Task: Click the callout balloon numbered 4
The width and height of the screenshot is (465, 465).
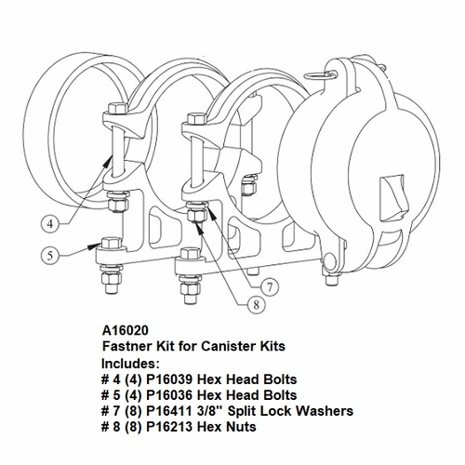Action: click(54, 222)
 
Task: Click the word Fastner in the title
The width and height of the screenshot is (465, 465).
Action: click(125, 345)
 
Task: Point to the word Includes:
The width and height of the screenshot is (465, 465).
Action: click(129, 362)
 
